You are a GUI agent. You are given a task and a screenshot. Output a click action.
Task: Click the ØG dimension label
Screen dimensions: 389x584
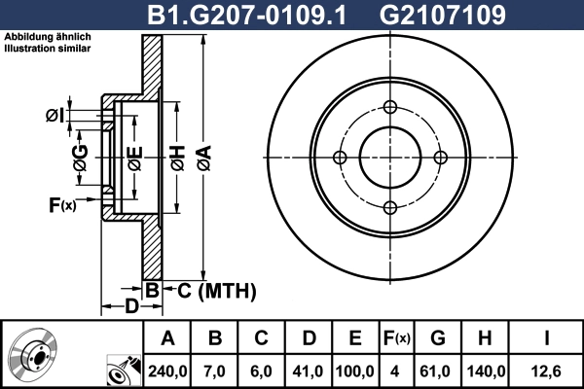point(80,156)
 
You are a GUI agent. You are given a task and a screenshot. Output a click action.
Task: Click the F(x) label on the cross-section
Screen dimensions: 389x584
point(61,205)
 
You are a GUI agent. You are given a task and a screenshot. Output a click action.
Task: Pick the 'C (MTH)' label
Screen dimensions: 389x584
point(215,290)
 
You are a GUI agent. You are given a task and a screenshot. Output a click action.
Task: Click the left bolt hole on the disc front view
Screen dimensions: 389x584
point(340,158)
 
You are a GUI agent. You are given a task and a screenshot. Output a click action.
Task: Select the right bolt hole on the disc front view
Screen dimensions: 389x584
point(440,158)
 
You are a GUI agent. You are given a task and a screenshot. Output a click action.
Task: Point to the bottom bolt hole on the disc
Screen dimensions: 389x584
point(389,207)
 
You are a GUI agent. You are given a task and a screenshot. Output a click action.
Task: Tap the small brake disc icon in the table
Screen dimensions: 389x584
point(32,355)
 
